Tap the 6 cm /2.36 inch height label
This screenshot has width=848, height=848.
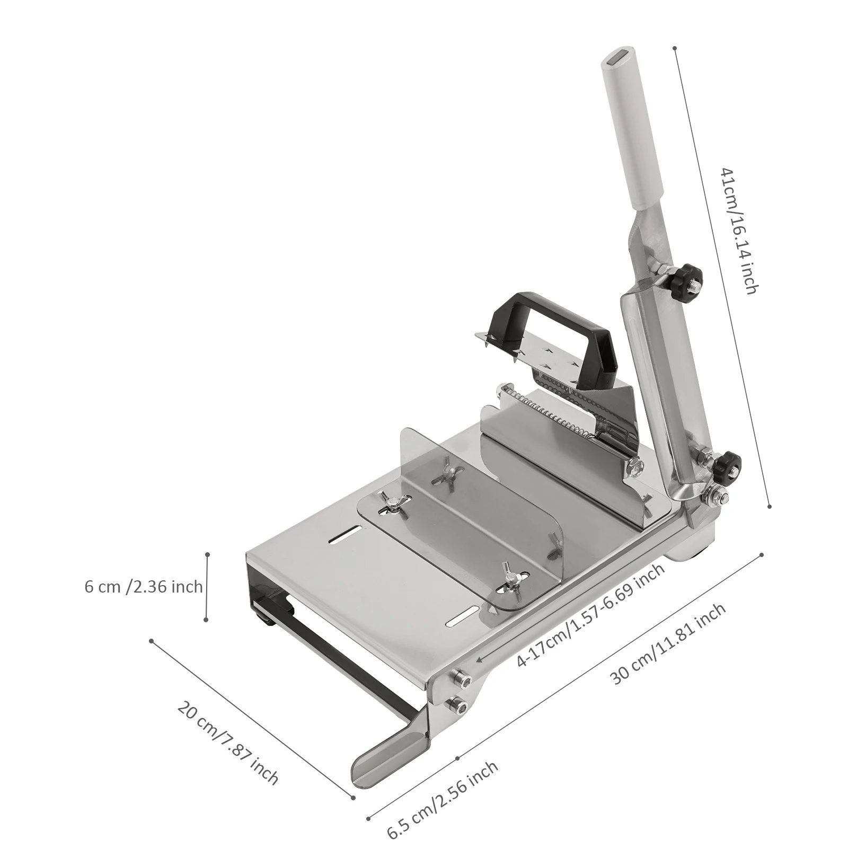(143, 587)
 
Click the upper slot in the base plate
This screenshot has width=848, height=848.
(344, 536)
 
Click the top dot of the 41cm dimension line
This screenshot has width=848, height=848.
(675, 48)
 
